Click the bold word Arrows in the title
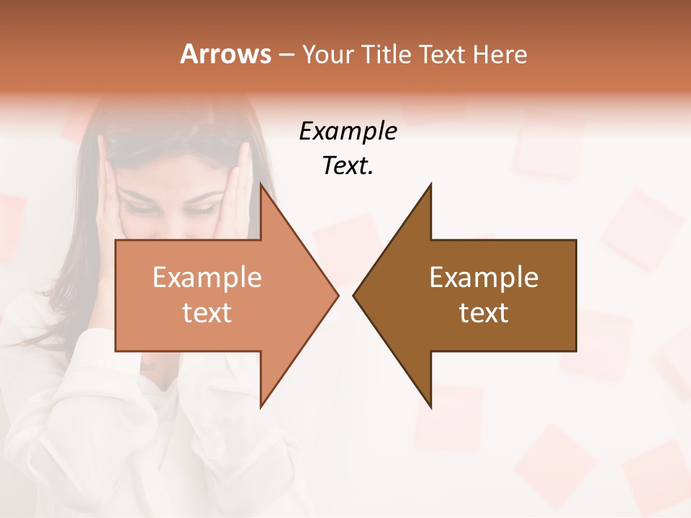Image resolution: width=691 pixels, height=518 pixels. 225,54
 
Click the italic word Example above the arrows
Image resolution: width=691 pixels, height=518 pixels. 348,132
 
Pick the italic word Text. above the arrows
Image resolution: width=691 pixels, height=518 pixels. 348,166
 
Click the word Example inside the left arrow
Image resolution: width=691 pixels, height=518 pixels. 207,278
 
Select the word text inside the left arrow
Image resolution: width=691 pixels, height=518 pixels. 207,313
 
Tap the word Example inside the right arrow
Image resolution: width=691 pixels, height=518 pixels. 484,278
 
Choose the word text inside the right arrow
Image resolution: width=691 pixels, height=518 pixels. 484,313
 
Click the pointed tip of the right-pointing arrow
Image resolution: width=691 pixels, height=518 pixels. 337,295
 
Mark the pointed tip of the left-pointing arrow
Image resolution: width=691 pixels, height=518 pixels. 354,295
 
